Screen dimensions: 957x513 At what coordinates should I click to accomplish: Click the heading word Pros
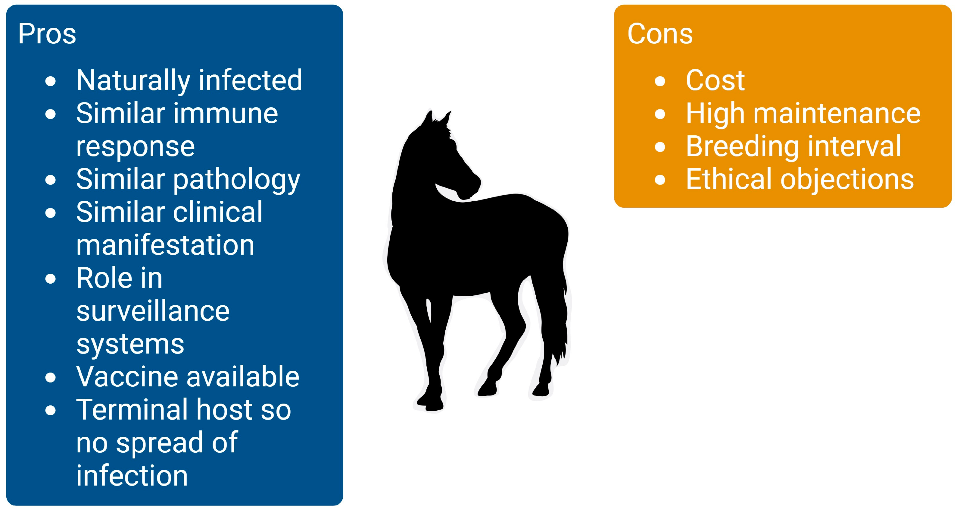(x=47, y=34)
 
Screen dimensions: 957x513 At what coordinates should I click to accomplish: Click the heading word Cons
(x=660, y=34)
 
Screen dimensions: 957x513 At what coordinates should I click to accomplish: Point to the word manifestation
(x=165, y=245)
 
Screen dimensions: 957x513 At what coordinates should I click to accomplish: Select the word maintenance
(x=837, y=113)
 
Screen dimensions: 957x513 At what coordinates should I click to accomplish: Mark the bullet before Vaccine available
(x=51, y=378)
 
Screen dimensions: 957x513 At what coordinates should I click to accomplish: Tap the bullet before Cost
(x=660, y=81)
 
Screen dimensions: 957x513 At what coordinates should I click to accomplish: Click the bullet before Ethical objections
(x=660, y=180)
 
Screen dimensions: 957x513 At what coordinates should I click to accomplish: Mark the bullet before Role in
(x=51, y=279)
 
